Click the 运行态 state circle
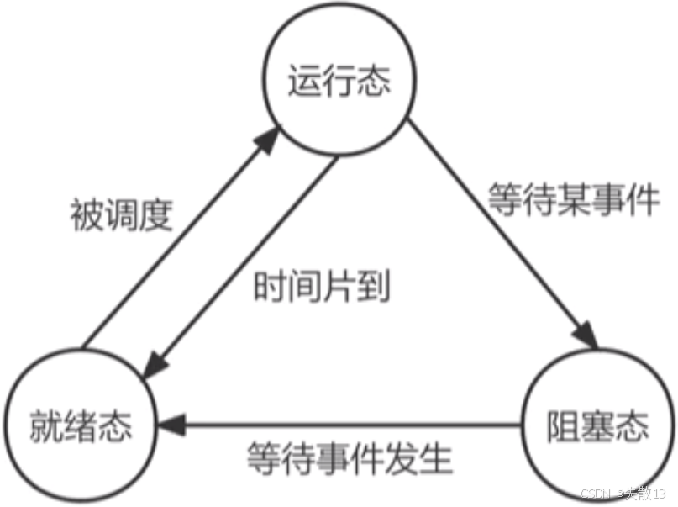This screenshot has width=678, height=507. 339,82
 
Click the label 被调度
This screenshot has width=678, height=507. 121,215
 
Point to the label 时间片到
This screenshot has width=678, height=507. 323,288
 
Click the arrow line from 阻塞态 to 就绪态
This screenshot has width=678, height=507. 353,425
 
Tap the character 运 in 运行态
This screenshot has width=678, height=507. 305,83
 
